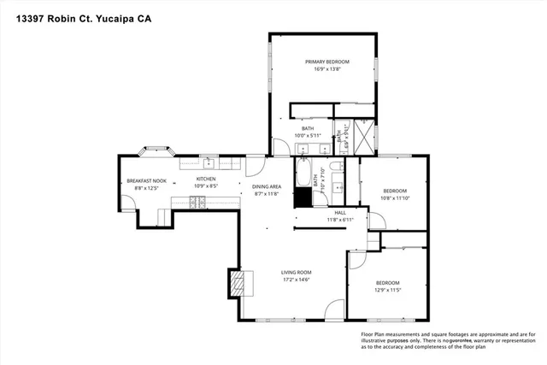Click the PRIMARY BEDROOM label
point(322,62)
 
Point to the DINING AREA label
point(267,186)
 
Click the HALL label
point(339,212)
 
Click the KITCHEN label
point(206,179)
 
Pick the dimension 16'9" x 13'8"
point(322,69)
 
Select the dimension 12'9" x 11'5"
point(387,290)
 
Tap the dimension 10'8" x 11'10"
point(394,197)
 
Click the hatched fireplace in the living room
point(236,283)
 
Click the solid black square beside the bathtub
point(303,197)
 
